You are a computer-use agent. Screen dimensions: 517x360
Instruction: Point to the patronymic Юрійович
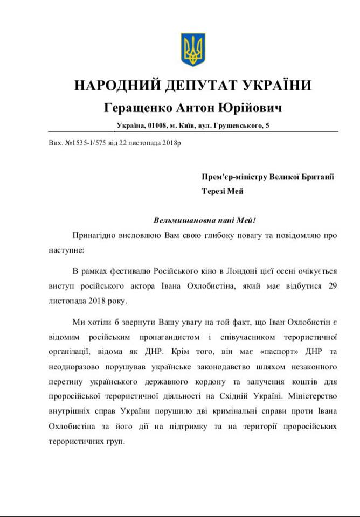click(x=252, y=108)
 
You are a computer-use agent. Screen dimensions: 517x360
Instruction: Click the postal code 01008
click(x=156, y=126)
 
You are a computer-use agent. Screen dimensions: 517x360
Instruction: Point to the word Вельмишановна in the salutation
click(x=177, y=220)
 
